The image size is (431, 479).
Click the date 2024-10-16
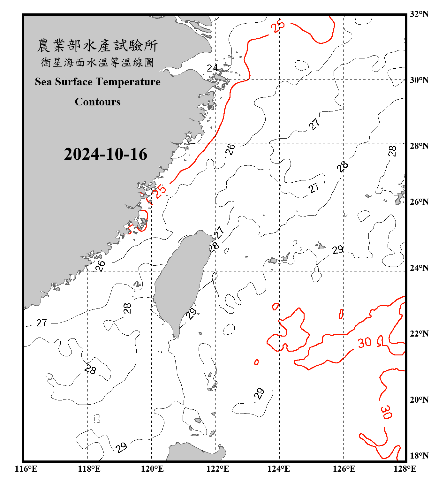105,154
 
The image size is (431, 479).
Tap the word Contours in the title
98,102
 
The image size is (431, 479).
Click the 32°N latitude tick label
419,14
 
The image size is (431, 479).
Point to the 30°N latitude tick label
419,80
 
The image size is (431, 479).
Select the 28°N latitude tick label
419,146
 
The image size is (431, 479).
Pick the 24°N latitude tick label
419,268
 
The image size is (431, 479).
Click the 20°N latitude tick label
419,399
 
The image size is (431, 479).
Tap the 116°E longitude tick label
26,469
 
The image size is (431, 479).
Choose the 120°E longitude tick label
152,469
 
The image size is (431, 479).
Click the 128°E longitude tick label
405,469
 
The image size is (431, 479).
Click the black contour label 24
212,68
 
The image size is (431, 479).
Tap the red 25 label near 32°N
278,26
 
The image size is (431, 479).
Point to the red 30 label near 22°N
365,343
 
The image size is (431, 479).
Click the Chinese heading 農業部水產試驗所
98,46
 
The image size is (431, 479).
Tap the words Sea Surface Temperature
98,82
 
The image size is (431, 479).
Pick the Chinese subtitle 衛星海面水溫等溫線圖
98,62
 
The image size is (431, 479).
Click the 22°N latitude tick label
419,334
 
